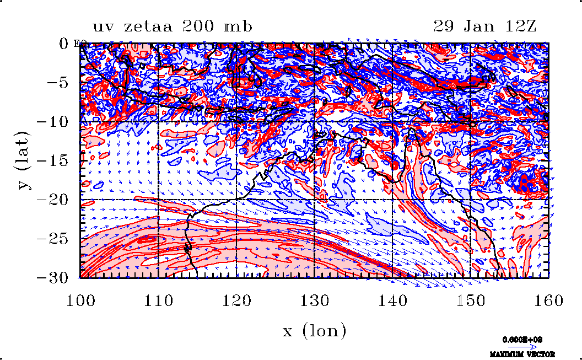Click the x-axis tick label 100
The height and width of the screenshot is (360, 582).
pyautogui.click(x=81, y=300)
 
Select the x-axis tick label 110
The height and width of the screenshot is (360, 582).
pyautogui.click(x=159, y=300)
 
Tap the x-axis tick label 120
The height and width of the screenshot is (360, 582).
pyautogui.click(x=237, y=300)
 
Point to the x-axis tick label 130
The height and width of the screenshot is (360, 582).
pyautogui.click(x=315, y=300)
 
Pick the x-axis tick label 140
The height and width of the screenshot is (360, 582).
pyautogui.click(x=392, y=300)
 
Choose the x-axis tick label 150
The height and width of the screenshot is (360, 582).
pyautogui.click(x=470, y=300)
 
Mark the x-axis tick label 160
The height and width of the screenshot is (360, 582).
pyautogui.click(x=548, y=300)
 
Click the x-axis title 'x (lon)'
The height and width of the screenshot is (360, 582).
pyautogui.click(x=314, y=331)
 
